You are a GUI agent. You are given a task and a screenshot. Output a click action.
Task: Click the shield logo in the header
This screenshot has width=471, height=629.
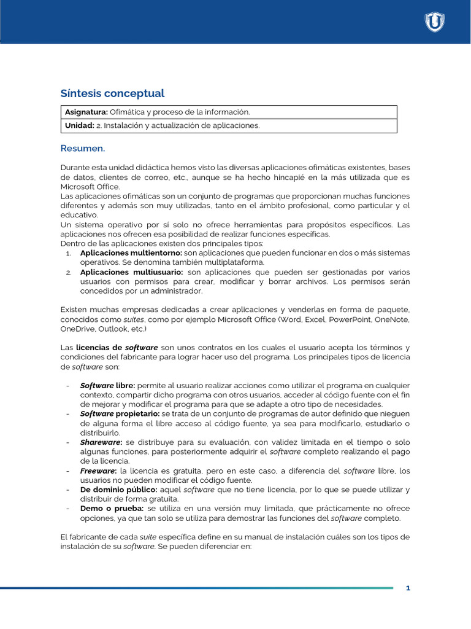435,22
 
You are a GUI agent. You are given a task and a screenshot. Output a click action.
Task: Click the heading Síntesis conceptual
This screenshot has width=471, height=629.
112,93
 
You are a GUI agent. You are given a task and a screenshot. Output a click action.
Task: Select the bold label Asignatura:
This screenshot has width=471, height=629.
86,112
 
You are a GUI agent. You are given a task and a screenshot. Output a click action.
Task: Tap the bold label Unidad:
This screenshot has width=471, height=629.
80,125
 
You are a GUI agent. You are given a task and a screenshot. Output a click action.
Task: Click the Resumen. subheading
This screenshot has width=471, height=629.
83,149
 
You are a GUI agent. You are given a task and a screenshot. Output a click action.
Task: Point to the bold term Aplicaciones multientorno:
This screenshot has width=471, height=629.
131,253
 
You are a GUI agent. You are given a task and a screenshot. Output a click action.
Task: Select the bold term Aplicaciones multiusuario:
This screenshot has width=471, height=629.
131,272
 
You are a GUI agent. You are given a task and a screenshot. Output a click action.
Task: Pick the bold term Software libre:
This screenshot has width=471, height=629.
108,386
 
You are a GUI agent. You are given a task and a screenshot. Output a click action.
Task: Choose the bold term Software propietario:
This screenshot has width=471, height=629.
120,414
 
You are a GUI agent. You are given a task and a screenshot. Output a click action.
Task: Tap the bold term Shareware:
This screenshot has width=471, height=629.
101,442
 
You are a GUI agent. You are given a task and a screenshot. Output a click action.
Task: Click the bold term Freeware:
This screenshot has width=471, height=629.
99,471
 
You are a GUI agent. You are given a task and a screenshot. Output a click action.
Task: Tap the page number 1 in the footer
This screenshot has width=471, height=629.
408,588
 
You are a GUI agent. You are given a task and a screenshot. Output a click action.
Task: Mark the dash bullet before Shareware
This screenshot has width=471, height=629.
67,442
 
